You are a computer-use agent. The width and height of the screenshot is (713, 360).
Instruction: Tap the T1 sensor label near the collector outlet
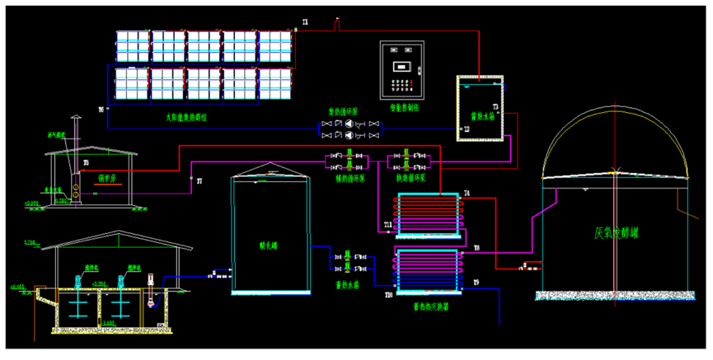304,22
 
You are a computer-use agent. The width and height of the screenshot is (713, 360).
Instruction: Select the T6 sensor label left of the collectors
101,109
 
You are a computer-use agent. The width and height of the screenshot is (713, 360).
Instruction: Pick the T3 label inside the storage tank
495,107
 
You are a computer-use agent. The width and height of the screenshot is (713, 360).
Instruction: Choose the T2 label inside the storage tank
467,129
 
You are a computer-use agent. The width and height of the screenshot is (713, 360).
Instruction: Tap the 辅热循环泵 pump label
349,175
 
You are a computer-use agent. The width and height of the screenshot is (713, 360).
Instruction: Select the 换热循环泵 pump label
410,175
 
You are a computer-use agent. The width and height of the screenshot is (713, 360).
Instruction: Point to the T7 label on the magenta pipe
199,179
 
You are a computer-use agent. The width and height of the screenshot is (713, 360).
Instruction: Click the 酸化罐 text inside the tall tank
269,244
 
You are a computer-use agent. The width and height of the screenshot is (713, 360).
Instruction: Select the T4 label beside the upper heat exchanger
467,194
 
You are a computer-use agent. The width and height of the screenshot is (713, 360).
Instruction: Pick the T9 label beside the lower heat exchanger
476,283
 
